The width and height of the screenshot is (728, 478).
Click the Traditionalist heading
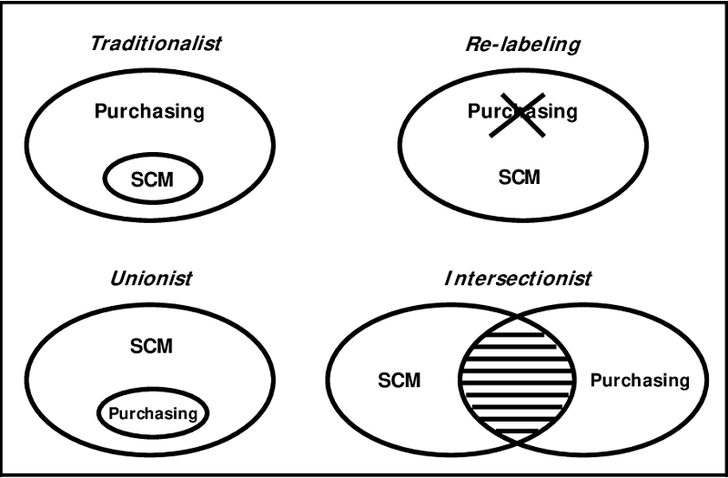[156, 44]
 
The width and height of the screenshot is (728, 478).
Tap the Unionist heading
[152, 278]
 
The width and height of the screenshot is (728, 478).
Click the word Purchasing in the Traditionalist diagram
[149, 112]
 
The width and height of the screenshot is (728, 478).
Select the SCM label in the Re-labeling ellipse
[520, 177]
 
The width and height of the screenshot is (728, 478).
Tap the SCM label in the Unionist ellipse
[151, 346]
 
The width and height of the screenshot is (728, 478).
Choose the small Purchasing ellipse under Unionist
[153, 413]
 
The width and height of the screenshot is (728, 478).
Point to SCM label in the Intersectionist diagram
[399, 380]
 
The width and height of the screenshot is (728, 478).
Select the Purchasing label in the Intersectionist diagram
[640, 380]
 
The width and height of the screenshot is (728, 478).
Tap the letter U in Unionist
[116, 278]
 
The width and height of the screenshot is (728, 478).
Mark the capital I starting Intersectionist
[448, 278]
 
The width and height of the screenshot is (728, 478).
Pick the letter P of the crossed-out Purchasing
[473, 112]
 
